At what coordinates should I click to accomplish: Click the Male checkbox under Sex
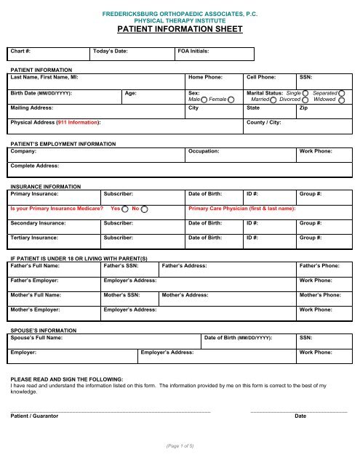(204, 100)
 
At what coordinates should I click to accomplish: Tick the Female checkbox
(231, 100)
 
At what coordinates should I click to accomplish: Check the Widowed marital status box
(341, 100)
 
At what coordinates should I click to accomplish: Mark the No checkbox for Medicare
(145, 209)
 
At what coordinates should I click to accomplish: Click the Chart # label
(20, 52)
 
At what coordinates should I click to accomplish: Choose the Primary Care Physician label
(241, 209)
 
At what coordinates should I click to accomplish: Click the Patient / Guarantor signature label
(35, 416)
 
